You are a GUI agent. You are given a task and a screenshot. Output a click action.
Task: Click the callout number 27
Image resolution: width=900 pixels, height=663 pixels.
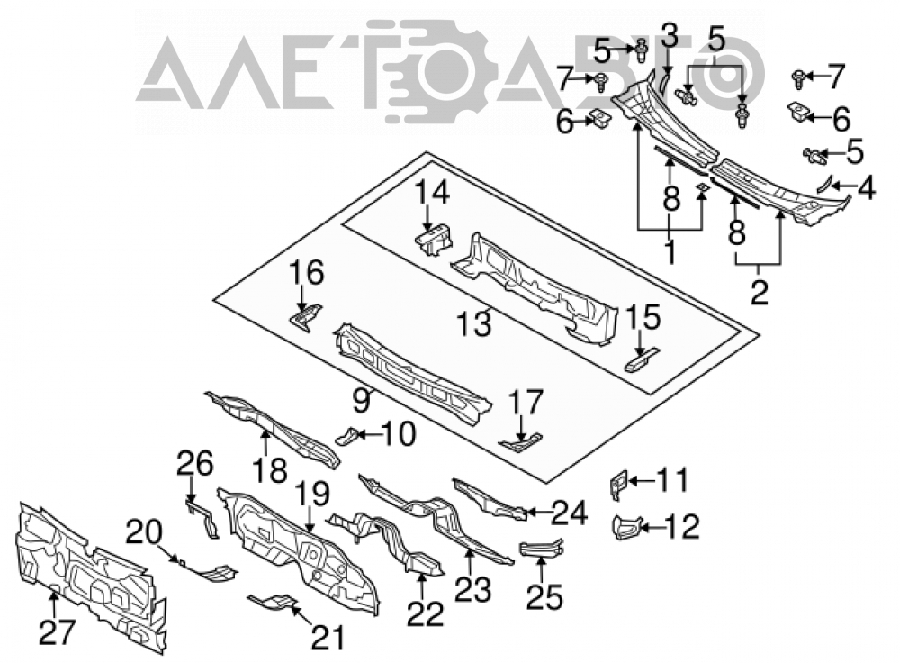[x=57, y=632]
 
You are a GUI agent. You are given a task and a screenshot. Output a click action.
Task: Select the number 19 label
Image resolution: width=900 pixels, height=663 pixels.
[x=313, y=495]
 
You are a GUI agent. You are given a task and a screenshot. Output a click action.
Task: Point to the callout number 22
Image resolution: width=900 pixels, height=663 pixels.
[x=426, y=613]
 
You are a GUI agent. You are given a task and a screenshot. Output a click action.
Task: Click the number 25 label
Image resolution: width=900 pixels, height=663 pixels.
[x=544, y=596]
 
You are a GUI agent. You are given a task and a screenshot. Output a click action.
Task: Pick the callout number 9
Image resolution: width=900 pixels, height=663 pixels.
[x=361, y=400]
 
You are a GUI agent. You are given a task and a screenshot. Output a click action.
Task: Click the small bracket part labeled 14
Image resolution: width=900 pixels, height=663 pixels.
[x=434, y=240]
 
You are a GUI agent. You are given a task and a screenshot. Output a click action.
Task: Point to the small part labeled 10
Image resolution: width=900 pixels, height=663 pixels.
[x=347, y=436]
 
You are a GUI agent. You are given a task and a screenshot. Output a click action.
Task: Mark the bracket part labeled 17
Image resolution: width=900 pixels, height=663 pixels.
[x=520, y=442]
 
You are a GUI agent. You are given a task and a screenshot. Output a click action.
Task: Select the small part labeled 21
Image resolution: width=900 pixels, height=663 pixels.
[x=274, y=602]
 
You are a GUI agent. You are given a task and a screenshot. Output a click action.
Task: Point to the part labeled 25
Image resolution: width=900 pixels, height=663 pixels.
[x=541, y=548]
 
